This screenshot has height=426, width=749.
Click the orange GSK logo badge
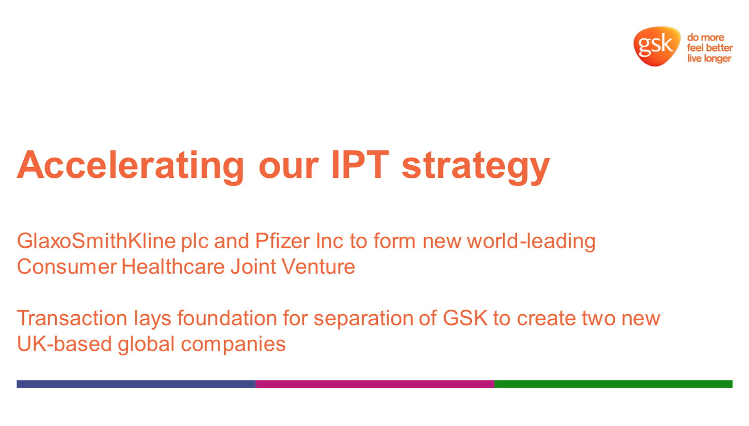coord(657,46)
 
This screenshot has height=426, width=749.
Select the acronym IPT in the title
coord(360,164)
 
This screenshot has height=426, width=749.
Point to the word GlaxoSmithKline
coord(96,241)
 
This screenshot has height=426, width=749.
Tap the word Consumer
coord(67,266)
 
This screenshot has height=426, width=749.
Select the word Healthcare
coord(173,266)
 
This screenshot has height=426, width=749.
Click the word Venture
coord(318,266)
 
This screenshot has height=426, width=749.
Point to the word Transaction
coord(72,318)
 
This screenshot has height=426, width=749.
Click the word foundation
coord(227,318)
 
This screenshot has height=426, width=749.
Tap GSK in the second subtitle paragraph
coord(465,318)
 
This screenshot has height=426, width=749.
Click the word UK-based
coord(65,344)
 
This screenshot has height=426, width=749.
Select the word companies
coord(233,345)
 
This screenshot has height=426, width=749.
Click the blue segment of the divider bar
coord(136,384)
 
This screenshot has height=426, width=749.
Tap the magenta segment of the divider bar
coord(375,384)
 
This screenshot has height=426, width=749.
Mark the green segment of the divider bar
coord(613,384)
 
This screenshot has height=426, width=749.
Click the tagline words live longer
coord(709,59)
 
